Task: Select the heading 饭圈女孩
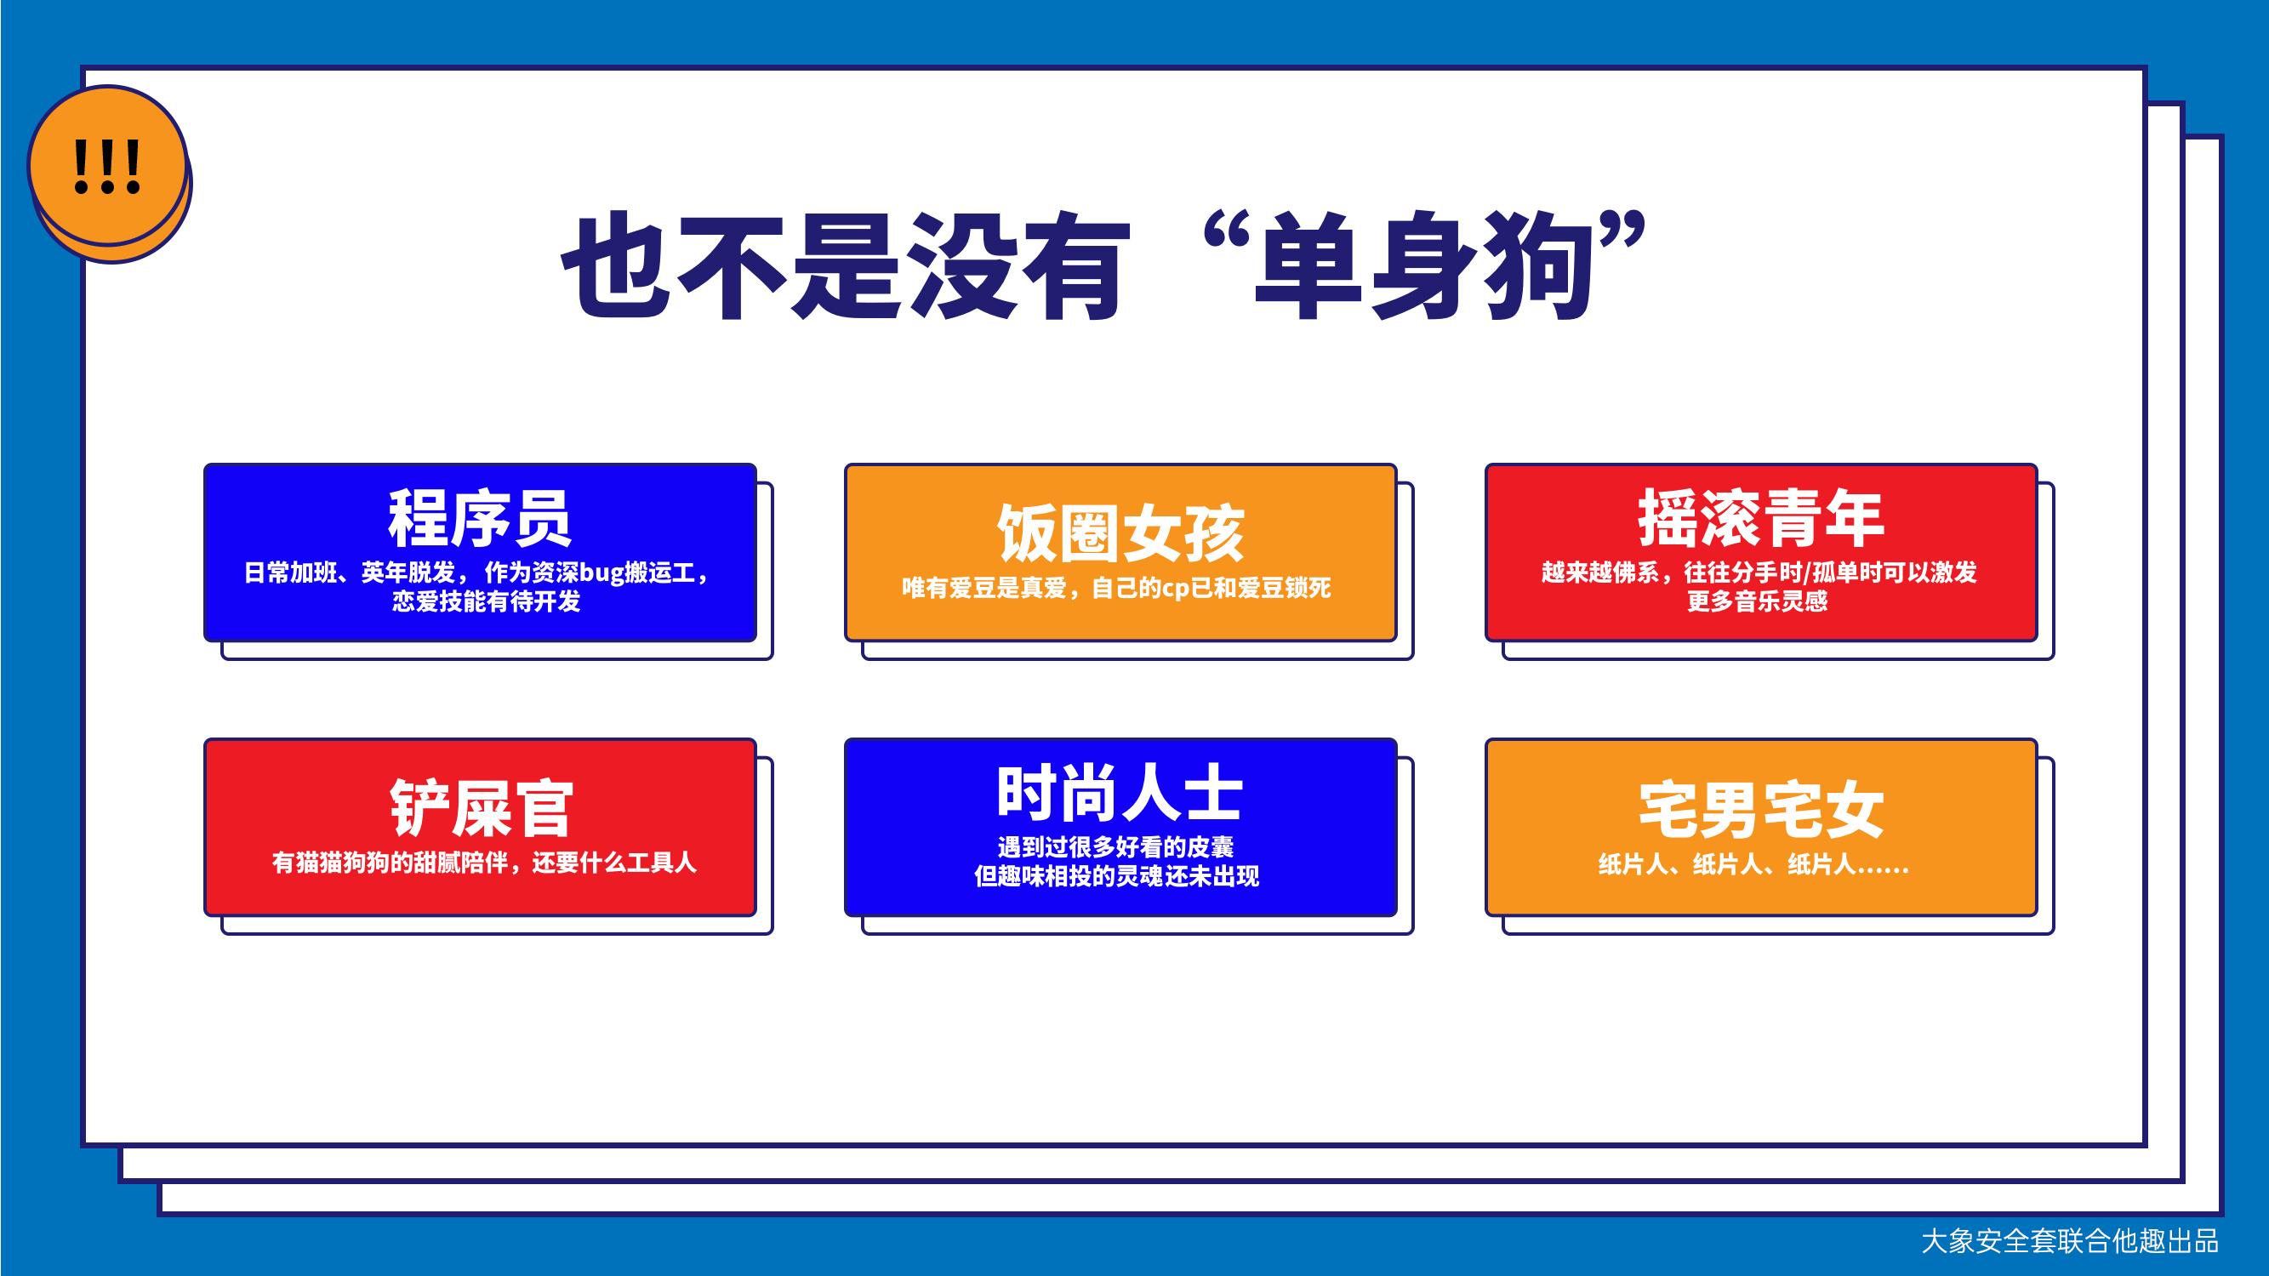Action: coord(1120,533)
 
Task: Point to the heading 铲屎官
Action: coord(481,807)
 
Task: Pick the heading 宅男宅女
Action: coord(1761,808)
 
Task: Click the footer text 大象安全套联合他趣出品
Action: coord(2070,1241)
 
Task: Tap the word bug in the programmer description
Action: coord(601,573)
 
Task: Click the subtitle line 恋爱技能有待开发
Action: coord(487,601)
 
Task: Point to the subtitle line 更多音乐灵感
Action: coord(1757,601)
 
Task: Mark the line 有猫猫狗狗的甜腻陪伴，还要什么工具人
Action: coord(483,862)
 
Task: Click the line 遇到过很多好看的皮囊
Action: coord(1116,847)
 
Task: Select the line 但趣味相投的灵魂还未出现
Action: coord(1117,876)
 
